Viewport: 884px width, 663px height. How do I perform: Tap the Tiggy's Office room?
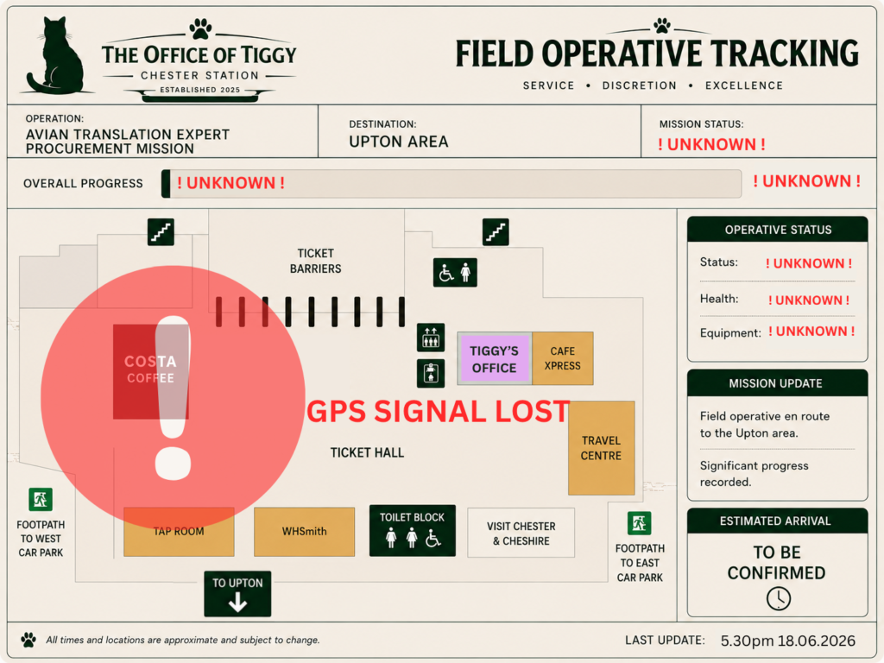[494, 358]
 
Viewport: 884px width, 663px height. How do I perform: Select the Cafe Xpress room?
[563, 358]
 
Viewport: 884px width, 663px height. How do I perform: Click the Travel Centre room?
[602, 448]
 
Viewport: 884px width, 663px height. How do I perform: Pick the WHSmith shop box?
[305, 532]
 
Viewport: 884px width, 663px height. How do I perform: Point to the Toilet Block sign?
[412, 531]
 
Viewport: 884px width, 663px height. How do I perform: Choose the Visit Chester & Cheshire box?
[521, 533]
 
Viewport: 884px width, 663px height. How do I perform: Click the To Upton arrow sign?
[237, 594]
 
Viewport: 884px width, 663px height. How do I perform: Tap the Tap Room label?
[179, 531]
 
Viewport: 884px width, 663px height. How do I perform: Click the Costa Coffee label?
[150, 369]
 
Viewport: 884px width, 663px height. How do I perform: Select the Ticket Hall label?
[367, 452]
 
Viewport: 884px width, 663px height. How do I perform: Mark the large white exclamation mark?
[173, 397]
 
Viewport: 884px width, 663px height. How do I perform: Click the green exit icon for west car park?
[41, 500]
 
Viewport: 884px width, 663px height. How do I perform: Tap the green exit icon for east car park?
[640, 523]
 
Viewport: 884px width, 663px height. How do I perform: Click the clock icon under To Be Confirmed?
[779, 598]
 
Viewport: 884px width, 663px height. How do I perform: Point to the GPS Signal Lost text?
[438, 412]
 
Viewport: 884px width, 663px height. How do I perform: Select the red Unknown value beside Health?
[809, 300]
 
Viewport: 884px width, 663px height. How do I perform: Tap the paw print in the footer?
[28, 640]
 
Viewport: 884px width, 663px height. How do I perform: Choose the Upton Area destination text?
[399, 142]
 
